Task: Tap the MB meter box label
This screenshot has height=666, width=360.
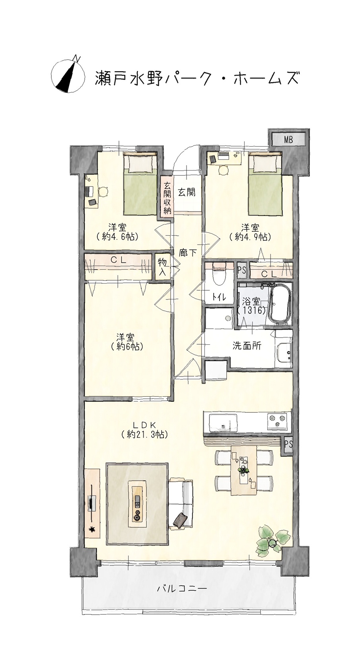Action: pyautogui.click(x=288, y=140)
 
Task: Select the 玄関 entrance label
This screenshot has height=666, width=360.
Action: pyautogui.click(x=187, y=192)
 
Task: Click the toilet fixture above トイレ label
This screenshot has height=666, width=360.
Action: pyautogui.click(x=219, y=275)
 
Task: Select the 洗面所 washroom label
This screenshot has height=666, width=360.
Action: pyautogui.click(x=247, y=346)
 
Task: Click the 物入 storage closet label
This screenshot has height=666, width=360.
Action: pyautogui.click(x=162, y=266)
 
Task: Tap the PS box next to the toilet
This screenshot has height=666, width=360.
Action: pyautogui.click(x=241, y=270)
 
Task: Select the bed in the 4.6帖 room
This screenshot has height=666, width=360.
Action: pyautogui.click(x=140, y=183)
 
